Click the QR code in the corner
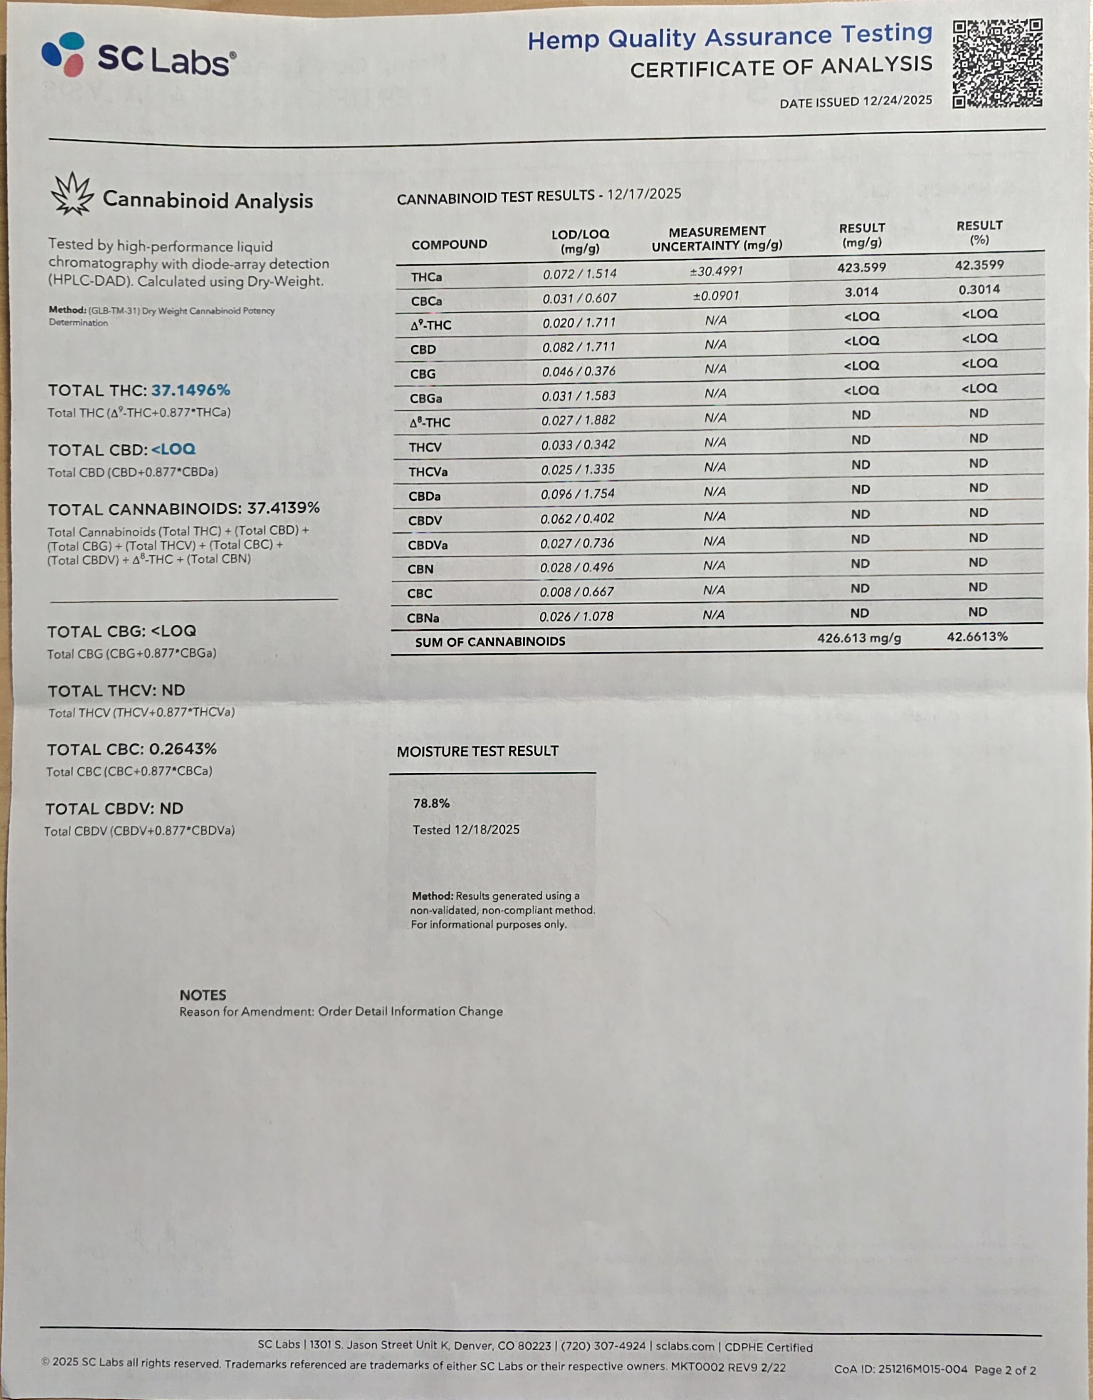[x=997, y=63]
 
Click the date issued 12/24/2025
[x=897, y=101]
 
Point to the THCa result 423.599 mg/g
[x=862, y=267]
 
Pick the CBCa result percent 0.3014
[x=979, y=290]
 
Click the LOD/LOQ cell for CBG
[x=579, y=371]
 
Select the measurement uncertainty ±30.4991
[x=716, y=271]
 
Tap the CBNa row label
[x=423, y=618]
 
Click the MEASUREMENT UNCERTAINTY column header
[x=717, y=238]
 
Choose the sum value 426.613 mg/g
[x=858, y=638]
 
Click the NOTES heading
[x=203, y=995]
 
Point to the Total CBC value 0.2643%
[x=183, y=749]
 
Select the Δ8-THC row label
[x=430, y=422]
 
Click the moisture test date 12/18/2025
[x=487, y=829]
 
